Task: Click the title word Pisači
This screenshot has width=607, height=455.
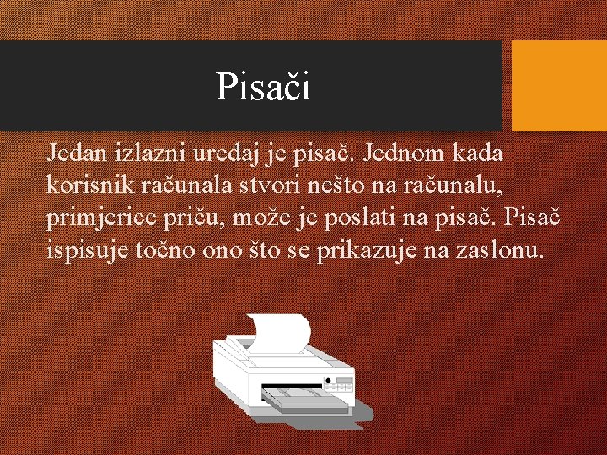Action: [x=262, y=86]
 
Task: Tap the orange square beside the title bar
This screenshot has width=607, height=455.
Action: [x=559, y=86]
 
